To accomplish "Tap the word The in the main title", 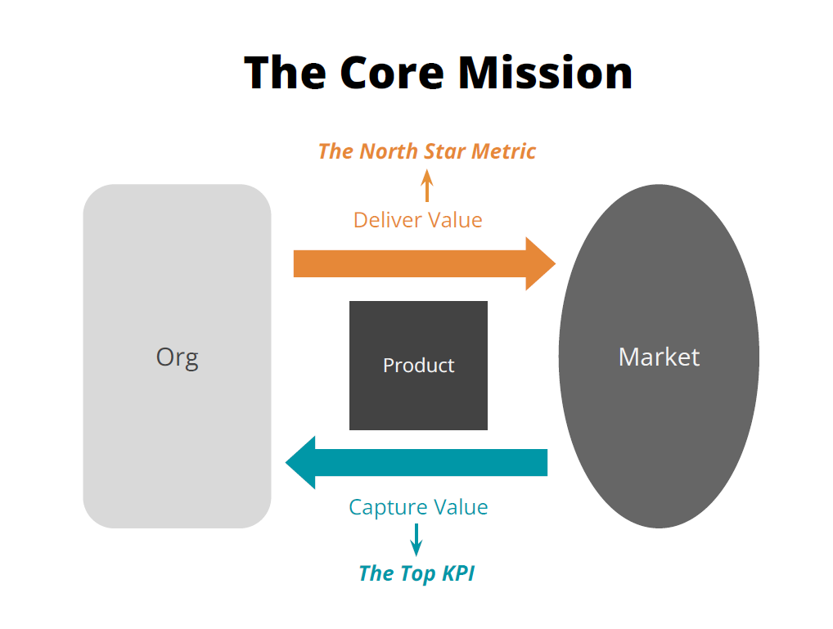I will click(x=286, y=72).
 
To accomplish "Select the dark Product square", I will click(x=418, y=401).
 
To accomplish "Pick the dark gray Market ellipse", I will click(x=659, y=425).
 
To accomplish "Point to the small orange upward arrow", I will click(x=426, y=186).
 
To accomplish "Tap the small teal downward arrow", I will click(x=416, y=539).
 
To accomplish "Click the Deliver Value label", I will click(x=417, y=220).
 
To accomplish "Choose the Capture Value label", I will click(x=418, y=507).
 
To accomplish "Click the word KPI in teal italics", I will click(x=458, y=573).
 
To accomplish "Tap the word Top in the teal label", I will click(x=418, y=573).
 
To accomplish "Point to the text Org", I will click(x=177, y=357).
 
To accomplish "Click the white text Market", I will click(x=659, y=357).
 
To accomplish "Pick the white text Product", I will click(x=418, y=366).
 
